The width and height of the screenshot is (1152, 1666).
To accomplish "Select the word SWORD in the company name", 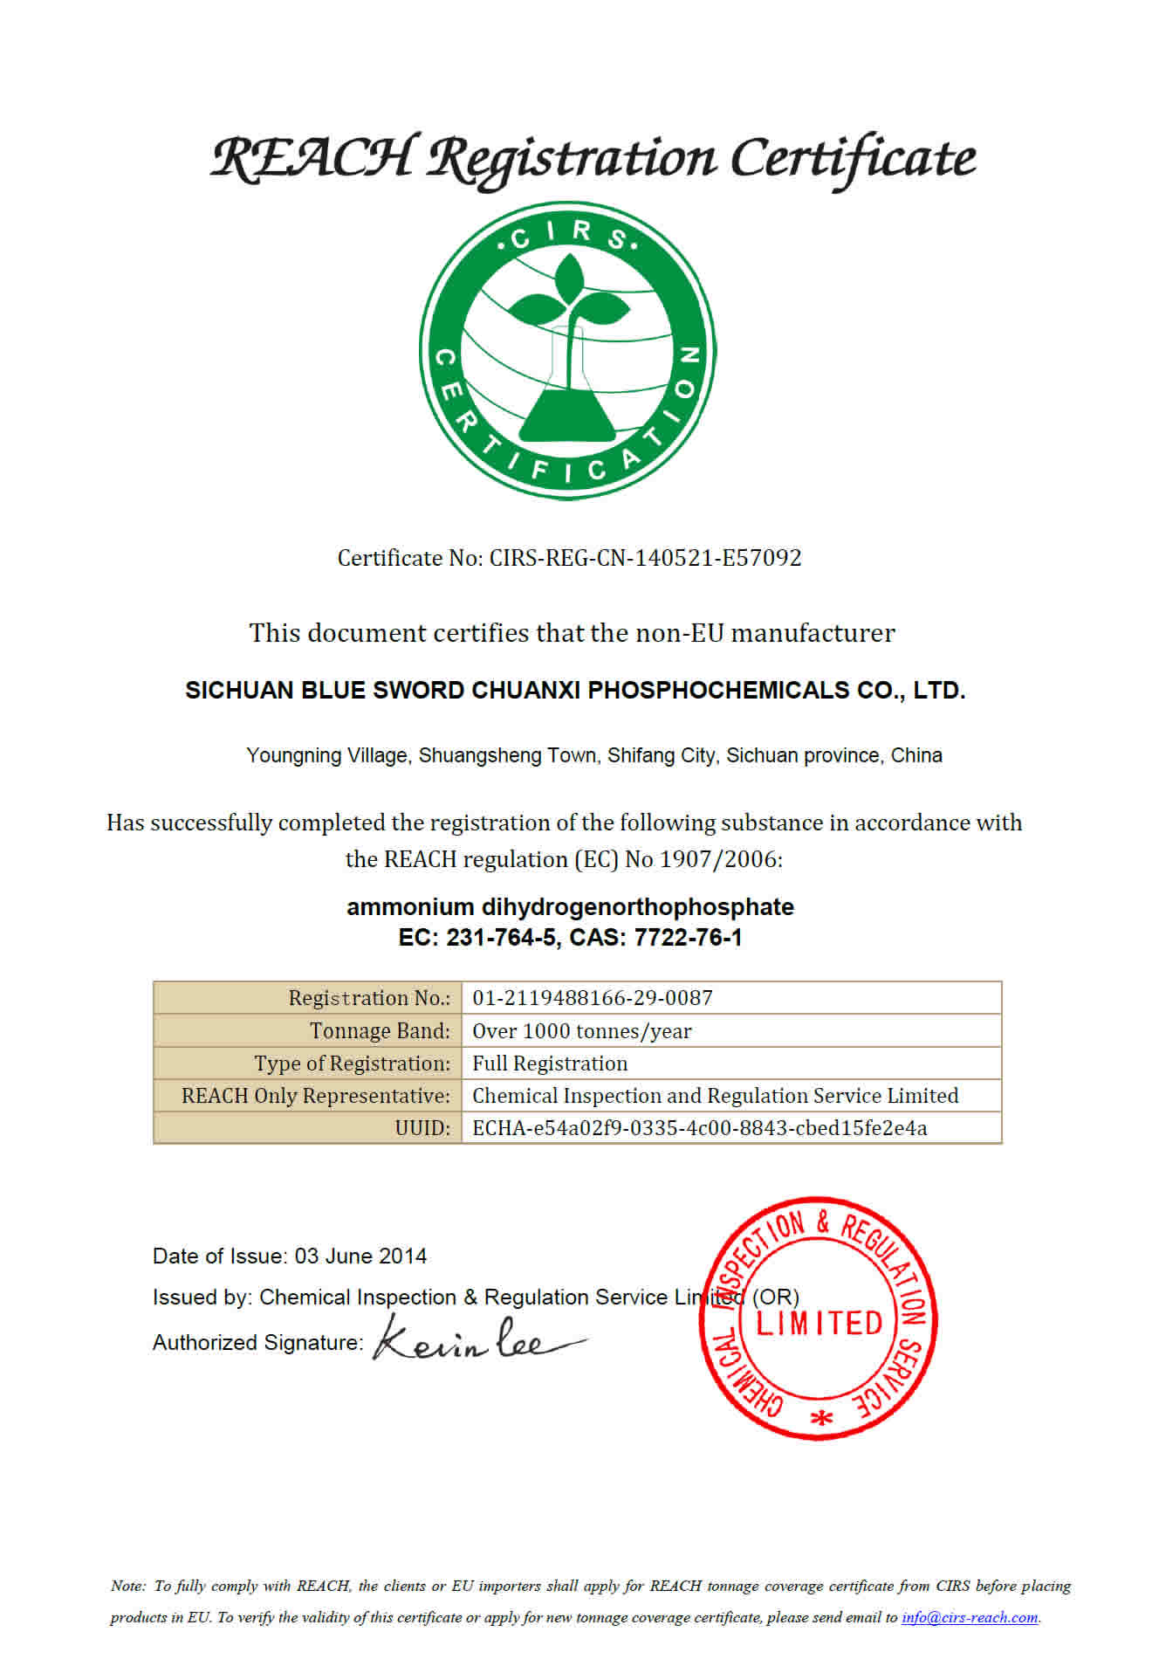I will (418, 691).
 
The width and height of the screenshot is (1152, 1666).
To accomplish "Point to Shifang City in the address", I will (662, 755).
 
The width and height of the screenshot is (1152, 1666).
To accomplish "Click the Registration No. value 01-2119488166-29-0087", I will (593, 998).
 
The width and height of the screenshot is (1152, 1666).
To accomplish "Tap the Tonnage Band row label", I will (380, 1031).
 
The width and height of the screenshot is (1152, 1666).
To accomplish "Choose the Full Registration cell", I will (550, 1064).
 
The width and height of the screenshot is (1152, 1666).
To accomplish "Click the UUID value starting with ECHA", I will (699, 1128).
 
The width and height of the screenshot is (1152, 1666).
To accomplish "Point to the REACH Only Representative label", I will (315, 1096).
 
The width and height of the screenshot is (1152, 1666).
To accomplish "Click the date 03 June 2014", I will (360, 1256).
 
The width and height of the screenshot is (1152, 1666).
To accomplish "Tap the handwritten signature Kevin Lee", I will (476, 1340).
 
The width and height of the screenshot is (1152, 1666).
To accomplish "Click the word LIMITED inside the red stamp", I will (819, 1324).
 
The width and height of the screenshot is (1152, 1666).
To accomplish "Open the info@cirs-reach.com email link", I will (969, 1617).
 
